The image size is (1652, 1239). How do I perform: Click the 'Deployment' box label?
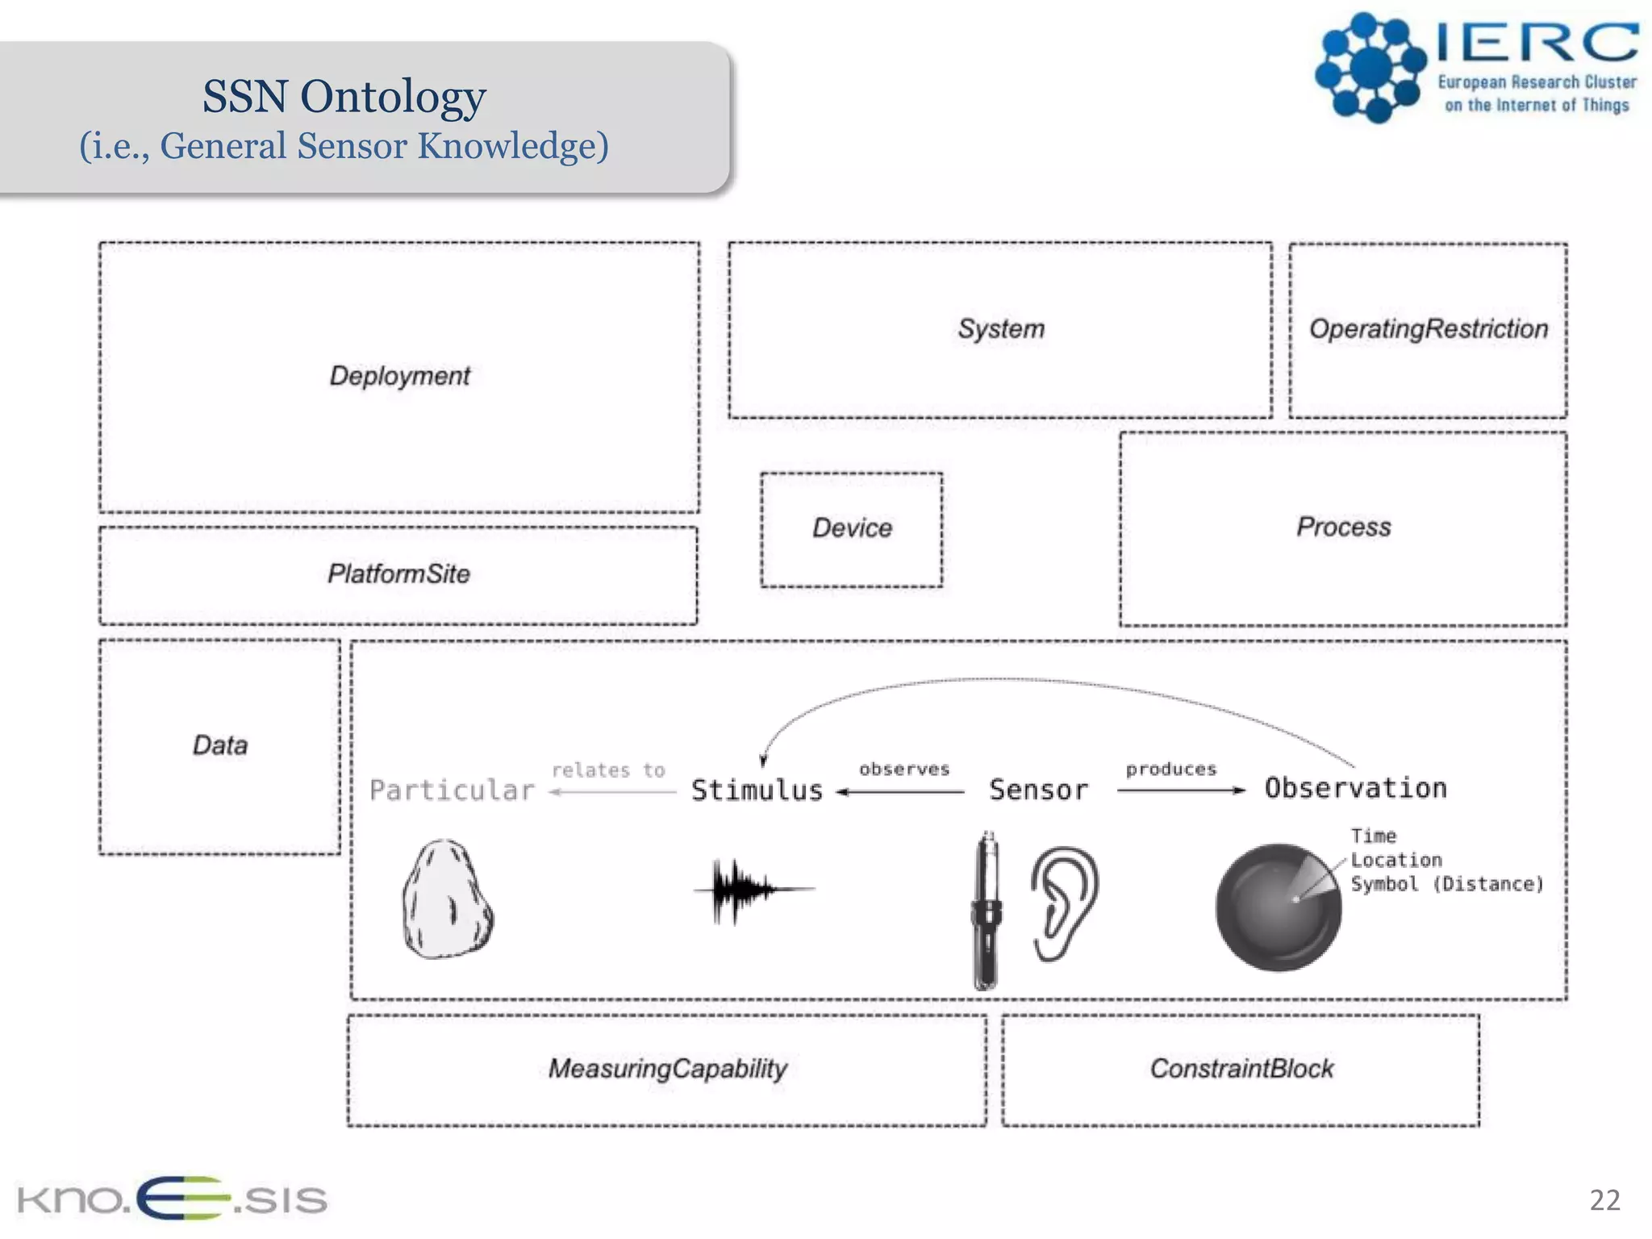tap(399, 376)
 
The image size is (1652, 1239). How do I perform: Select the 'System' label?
tap(1000, 329)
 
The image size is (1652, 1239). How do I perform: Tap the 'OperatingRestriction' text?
tap(1428, 329)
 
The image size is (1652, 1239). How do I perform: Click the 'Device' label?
tap(852, 528)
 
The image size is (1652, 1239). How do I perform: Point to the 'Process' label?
tap(1343, 528)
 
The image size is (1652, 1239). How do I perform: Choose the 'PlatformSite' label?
tap(398, 574)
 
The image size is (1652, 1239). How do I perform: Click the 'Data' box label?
tap(219, 745)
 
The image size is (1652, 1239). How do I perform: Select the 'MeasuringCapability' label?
tap(667, 1069)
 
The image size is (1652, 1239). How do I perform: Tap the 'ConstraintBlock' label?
tap(1241, 1069)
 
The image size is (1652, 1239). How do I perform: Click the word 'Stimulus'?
tap(757, 791)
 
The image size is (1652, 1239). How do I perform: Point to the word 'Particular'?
tap(452, 791)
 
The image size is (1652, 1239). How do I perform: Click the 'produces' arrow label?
tap(1170, 770)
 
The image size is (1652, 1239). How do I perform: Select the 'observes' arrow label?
tap(904, 770)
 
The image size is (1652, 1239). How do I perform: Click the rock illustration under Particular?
tap(447, 899)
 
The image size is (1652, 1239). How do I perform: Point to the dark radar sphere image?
tap(1277, 907)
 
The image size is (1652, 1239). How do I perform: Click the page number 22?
tap(1604, 1200)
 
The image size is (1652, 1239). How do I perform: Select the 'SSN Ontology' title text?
tap(344, 97)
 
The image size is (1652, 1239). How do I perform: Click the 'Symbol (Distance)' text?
tap(1446, 885)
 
